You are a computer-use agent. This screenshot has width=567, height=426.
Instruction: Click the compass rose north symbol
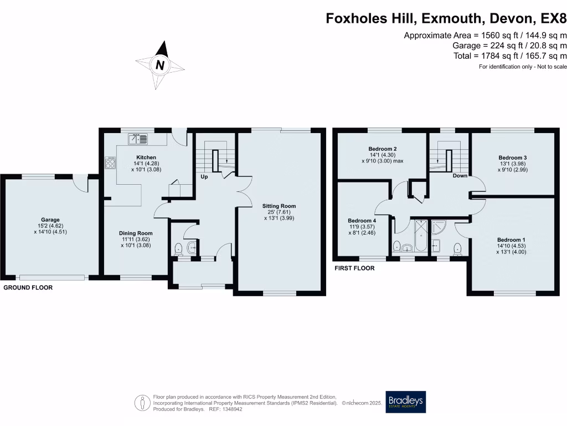[x=160, y=65]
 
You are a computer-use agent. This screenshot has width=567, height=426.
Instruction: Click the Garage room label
[x=50, y=220]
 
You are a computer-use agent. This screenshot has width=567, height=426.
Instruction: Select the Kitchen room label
[x=146, y=158]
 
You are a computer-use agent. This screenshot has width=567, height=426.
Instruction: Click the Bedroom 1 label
[x=509, y=240]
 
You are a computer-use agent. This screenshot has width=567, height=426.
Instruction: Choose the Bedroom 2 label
[x=383, y=149]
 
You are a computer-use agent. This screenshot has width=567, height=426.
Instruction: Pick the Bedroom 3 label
[x=513, y=158]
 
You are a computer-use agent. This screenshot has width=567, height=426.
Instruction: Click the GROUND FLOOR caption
[x=28, y=288]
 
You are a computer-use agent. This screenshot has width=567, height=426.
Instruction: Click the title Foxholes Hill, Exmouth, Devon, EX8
[x=446, y=19]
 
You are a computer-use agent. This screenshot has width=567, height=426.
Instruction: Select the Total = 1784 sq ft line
[x=510, y=56]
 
